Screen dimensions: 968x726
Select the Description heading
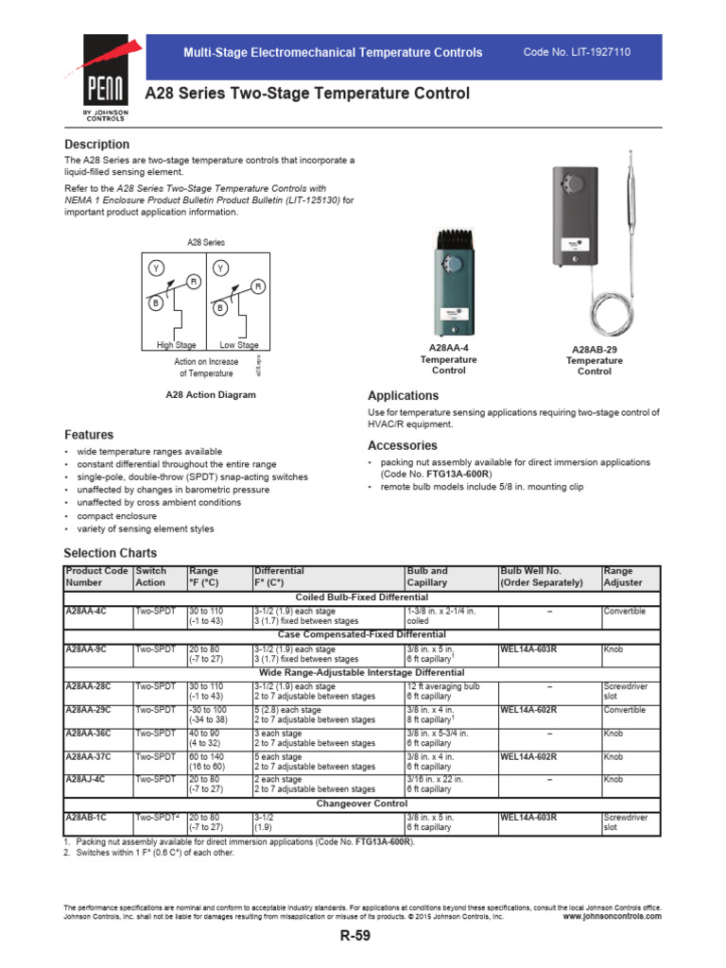click(96, 145)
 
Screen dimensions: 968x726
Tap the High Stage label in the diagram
click(177, 346)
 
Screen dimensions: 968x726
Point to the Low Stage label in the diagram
click(239, 346)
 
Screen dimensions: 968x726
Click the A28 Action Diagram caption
click(210, 394)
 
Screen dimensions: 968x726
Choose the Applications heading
click(403, 396)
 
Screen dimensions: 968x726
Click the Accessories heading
click(402, 445)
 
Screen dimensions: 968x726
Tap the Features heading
click(89, 435)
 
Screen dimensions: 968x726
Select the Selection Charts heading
click(111, 553)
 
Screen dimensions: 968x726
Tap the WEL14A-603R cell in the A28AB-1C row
click(528, 817)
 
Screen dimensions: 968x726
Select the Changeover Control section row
click(362, 803)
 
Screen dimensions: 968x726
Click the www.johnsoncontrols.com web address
click(612, 916)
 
